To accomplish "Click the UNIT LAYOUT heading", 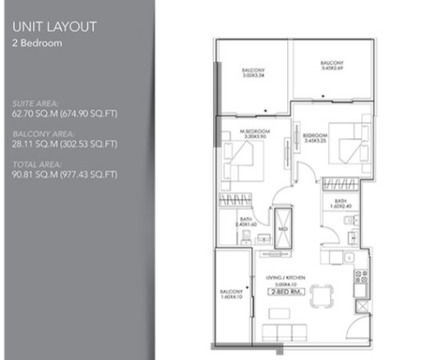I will click(x=54, y=26).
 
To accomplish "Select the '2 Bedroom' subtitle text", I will click(x=38, y=43).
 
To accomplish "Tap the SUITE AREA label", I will click(x=35, y=104).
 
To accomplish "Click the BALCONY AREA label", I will click(x=43, y=133).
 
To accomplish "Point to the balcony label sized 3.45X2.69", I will click(x=331, y=65).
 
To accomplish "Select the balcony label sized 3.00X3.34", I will click(x=253, y=72).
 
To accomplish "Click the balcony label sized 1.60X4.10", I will click(x=231, y=294).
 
